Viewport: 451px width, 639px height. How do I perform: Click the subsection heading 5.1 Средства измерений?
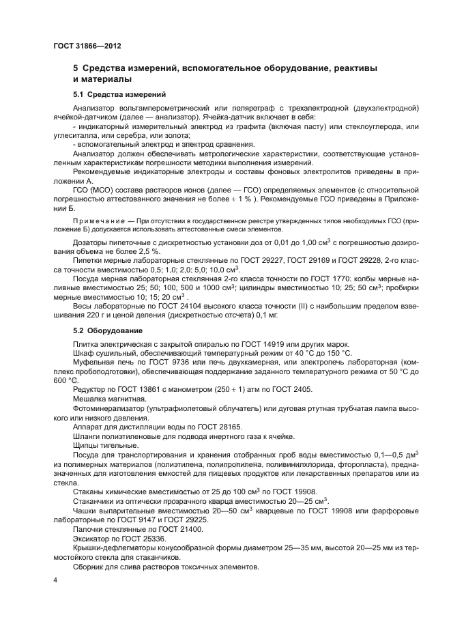click(x=119, y=94)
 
